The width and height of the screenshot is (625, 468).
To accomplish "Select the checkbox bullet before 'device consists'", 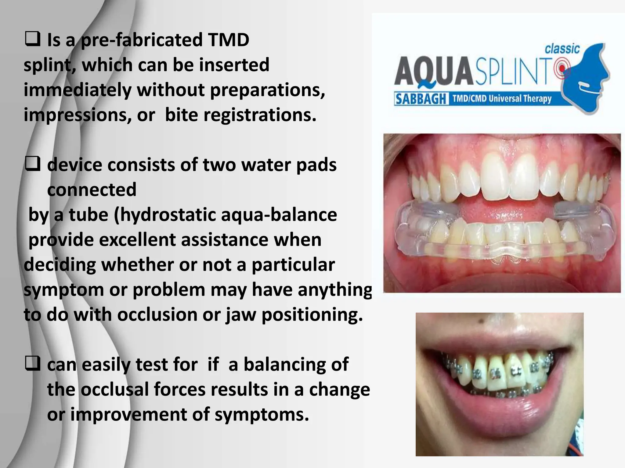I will [x=32, y=165].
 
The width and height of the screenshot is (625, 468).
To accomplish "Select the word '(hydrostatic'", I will [x=165, y=215].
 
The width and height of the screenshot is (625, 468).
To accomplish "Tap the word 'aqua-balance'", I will [x=279, y=215].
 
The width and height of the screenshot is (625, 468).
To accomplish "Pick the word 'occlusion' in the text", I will [x=157, y=314].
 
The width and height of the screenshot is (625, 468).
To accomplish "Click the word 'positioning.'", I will [x=312, y=314].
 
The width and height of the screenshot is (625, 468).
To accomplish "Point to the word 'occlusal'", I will [x=114, y=389].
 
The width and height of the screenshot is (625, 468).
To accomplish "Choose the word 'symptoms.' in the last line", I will [x=262, y=414].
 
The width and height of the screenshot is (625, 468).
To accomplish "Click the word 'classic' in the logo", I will [x=562, y=49].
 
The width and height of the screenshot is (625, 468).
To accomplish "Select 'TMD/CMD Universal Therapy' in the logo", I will [x=502, y=99].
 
